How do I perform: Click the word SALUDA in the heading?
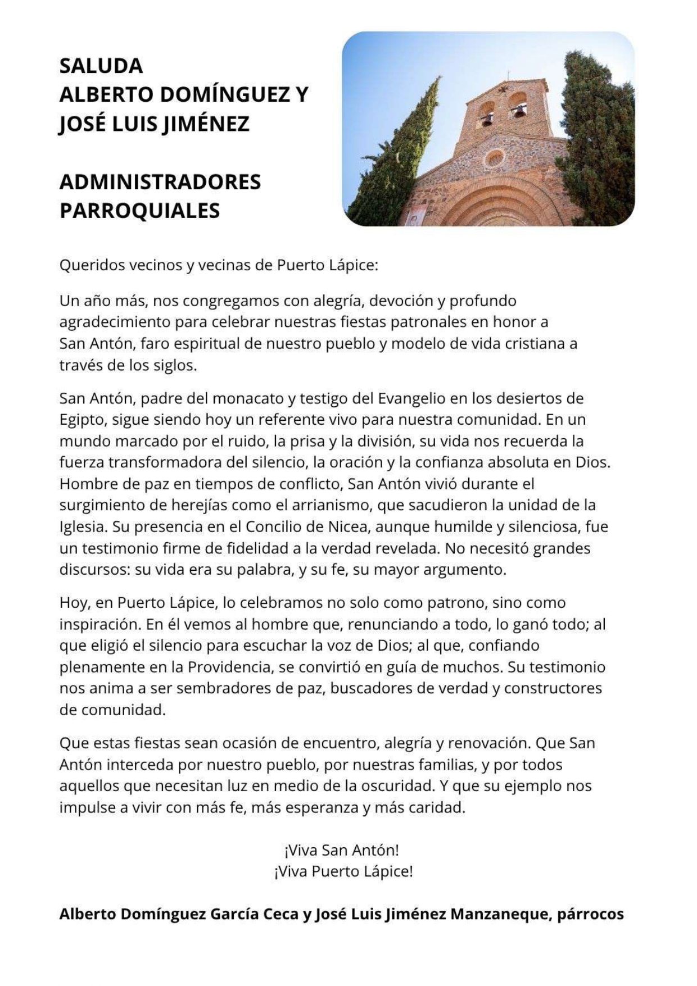pyautogui.click(x=101, y=66)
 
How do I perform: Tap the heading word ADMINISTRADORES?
pyautogui.click(x=160, y=182)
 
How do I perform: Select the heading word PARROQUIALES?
pyautogui.click(x=139, y=211)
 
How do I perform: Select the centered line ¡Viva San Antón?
pyautogui.click(x=342, y=850)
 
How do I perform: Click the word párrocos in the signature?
pyautogui.click(x=590, y=914)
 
